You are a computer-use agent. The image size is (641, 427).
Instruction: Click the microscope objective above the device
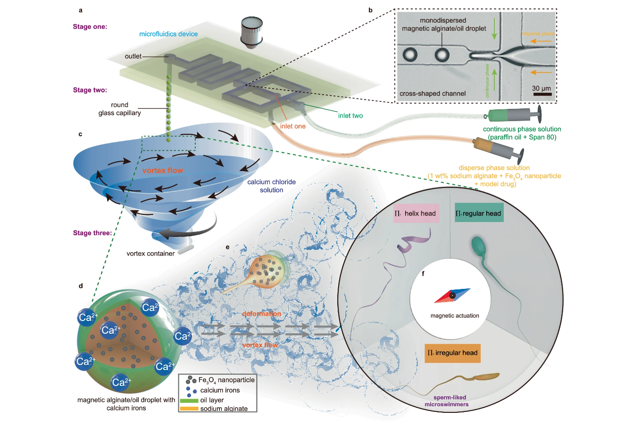(252, 32)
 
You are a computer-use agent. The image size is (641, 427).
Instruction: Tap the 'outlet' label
(133, 57)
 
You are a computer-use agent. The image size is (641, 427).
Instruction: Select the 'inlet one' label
(293, 126)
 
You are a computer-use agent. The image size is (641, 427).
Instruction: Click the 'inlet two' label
(350, 115)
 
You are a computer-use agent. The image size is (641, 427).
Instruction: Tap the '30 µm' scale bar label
(541, 88)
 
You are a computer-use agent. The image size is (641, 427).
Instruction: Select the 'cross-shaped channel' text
(433, 93)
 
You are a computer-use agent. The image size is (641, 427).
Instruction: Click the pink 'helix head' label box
(416, 213)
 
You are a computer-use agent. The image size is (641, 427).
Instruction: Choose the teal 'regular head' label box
(478, 213)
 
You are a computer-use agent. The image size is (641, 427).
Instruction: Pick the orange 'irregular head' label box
(452, 353)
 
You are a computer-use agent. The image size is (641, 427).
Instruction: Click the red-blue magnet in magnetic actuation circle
(452, 296)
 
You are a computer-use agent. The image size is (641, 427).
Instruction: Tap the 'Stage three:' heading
(92, 233)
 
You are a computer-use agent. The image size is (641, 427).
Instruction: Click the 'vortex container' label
(150, 254)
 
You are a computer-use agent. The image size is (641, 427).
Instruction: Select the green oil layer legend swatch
(189, 400)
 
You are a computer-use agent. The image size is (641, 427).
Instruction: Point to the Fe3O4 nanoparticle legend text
(226, 380)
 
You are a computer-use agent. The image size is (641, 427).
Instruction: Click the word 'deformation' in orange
(262, 313)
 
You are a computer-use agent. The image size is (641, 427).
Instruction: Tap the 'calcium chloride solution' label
(272, 186)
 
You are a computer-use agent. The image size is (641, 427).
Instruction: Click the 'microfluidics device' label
(168, 34)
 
